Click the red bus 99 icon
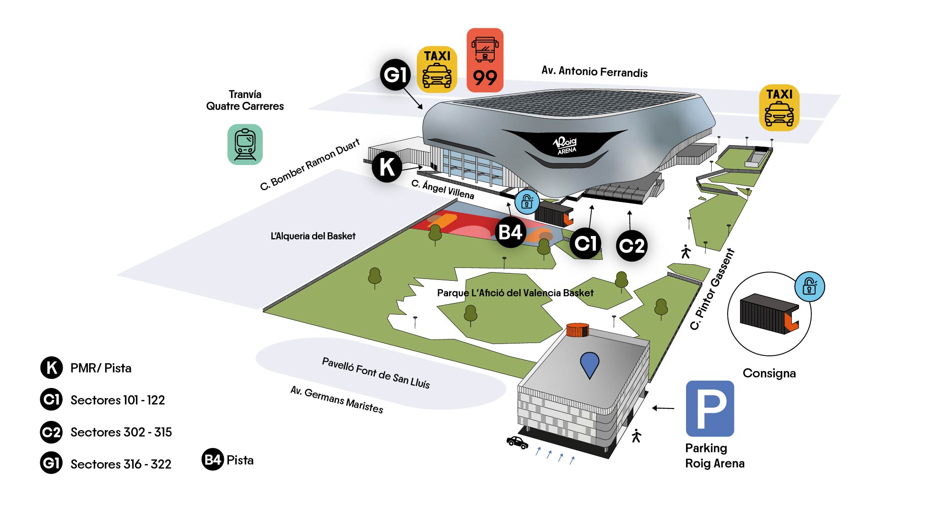click(x=485, y=60)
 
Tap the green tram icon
click(x=245, y=144)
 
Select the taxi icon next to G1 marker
click(x=437, y=69)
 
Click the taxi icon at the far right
click(x=779, y=108)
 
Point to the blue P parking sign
click(x=709, y=408)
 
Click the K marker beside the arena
click(x=387, y=167)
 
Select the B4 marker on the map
click(x=510, y=232)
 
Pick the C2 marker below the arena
click(x=632, y=246)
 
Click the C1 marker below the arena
click(x=585, y=243)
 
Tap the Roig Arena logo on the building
click(x=566, y=145)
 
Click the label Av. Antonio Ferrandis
click(x=594, y=71)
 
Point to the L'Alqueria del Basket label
click(x=313, y=236)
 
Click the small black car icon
click(x=517, y=442)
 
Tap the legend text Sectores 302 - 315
click(x=121, y=432)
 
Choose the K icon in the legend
click(x=51, y=368)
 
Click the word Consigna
click(x=769, y=373)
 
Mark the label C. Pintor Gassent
click(x=712, y=289)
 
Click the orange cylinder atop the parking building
click(x=577, y=330)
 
